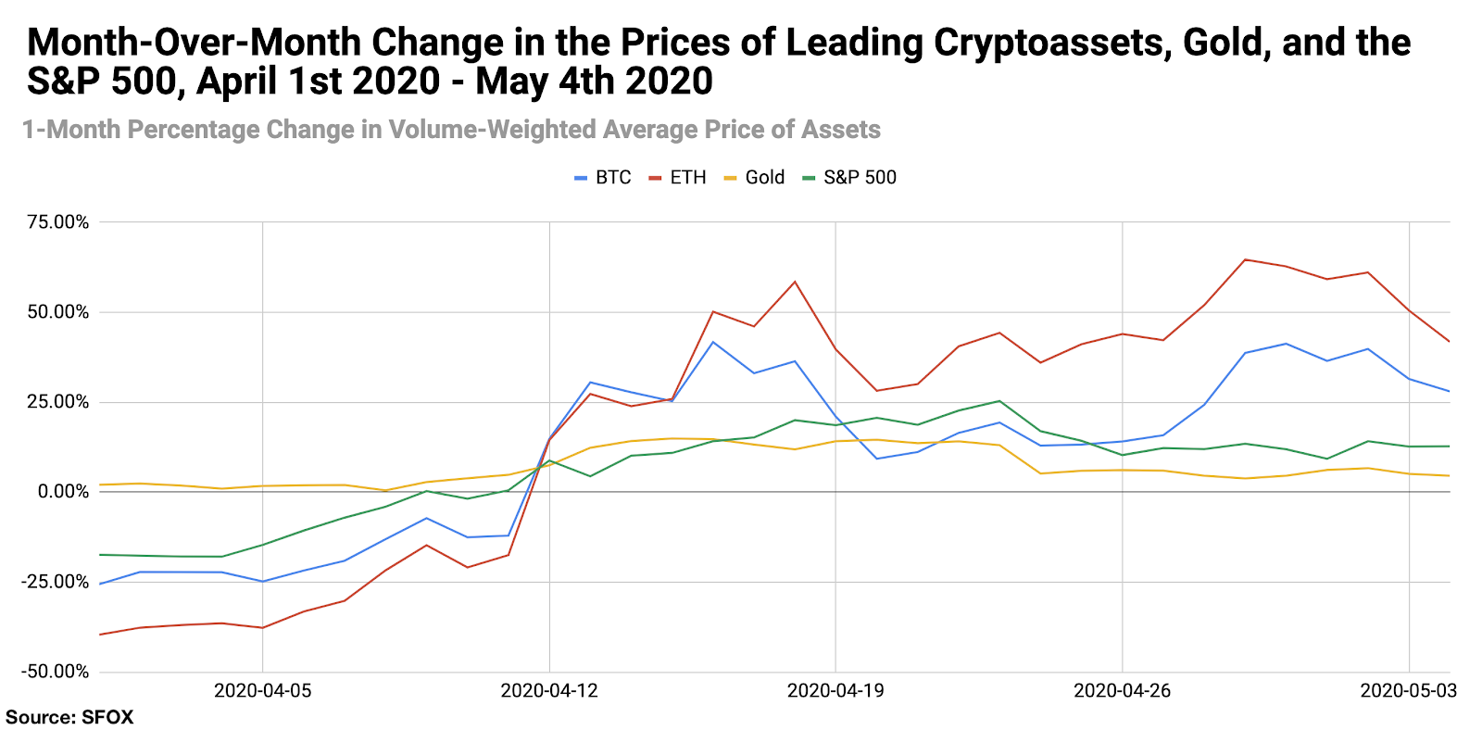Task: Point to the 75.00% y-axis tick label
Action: pos(58,222)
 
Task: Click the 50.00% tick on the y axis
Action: pos(58,312)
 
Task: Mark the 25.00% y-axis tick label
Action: pos(58,402)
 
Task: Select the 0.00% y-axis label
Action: pos(63,492)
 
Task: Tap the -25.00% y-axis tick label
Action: pos(56,582)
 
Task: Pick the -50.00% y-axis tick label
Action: pos(56,672)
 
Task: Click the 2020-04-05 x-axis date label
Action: pos(263,691)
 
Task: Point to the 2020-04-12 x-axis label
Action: pos(549,691)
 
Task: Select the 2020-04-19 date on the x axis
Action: pos(835,691)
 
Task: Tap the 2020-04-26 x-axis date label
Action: pos(1122,691)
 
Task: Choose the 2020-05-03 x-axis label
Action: pos(1408,691)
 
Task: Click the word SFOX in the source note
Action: pos(107,717)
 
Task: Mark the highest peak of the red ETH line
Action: pos(1245,259)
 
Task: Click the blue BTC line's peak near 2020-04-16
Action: pos(712,342)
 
